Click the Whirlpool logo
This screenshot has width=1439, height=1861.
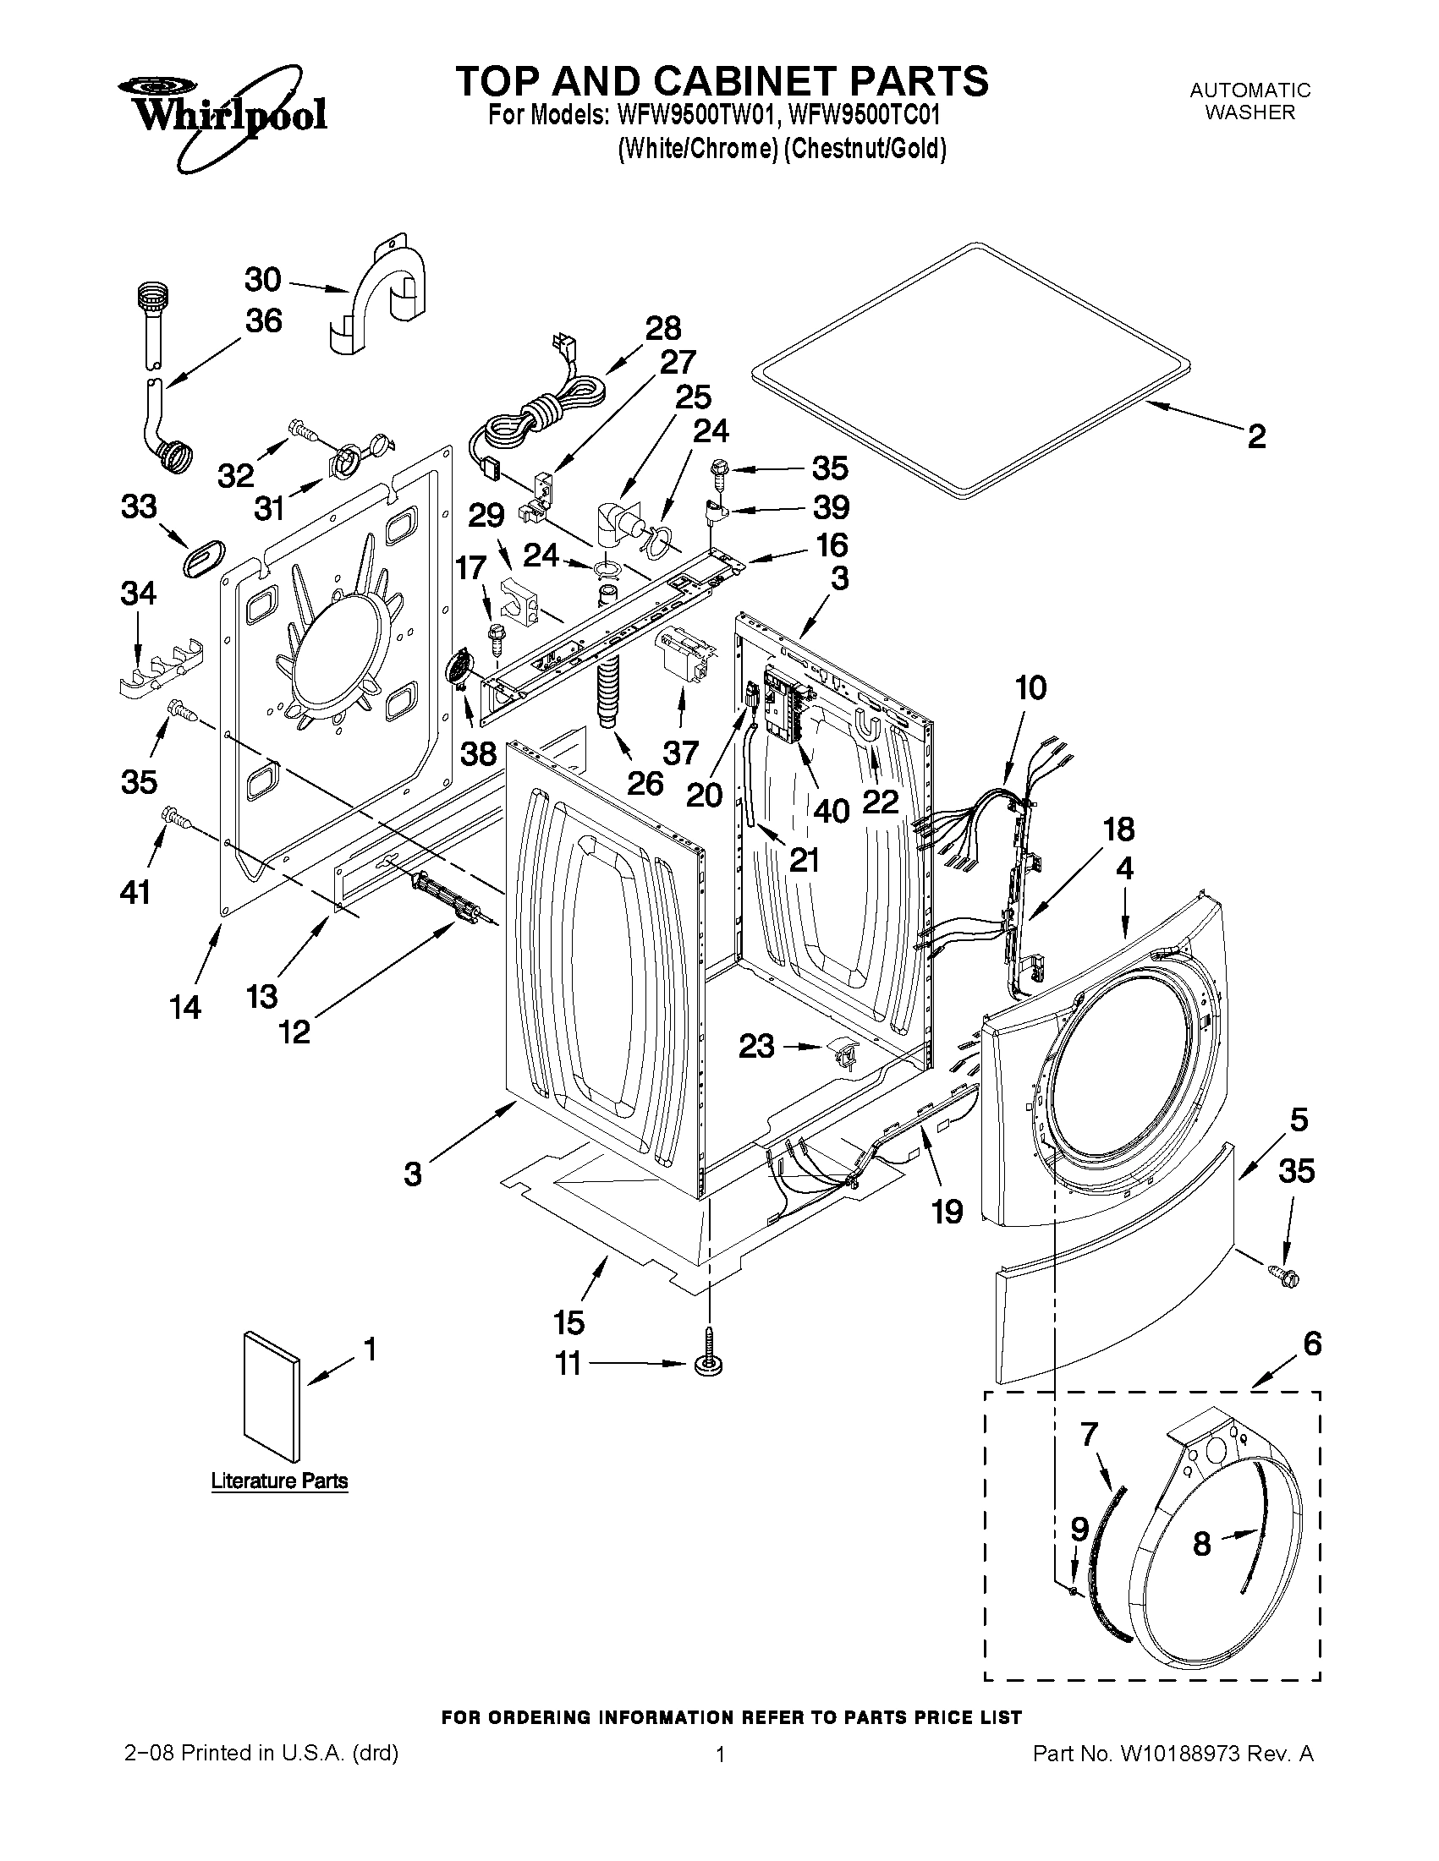click(222, 111)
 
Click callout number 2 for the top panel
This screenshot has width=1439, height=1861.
click(1255, 437)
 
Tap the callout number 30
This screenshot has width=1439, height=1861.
click(262, 280)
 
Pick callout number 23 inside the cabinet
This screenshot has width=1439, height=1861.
click(756, 1046)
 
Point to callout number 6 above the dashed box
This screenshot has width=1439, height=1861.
click(1312, 1344)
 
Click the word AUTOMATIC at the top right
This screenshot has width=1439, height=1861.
click(1249, 90)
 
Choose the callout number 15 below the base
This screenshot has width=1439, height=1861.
click(568, 1322)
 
